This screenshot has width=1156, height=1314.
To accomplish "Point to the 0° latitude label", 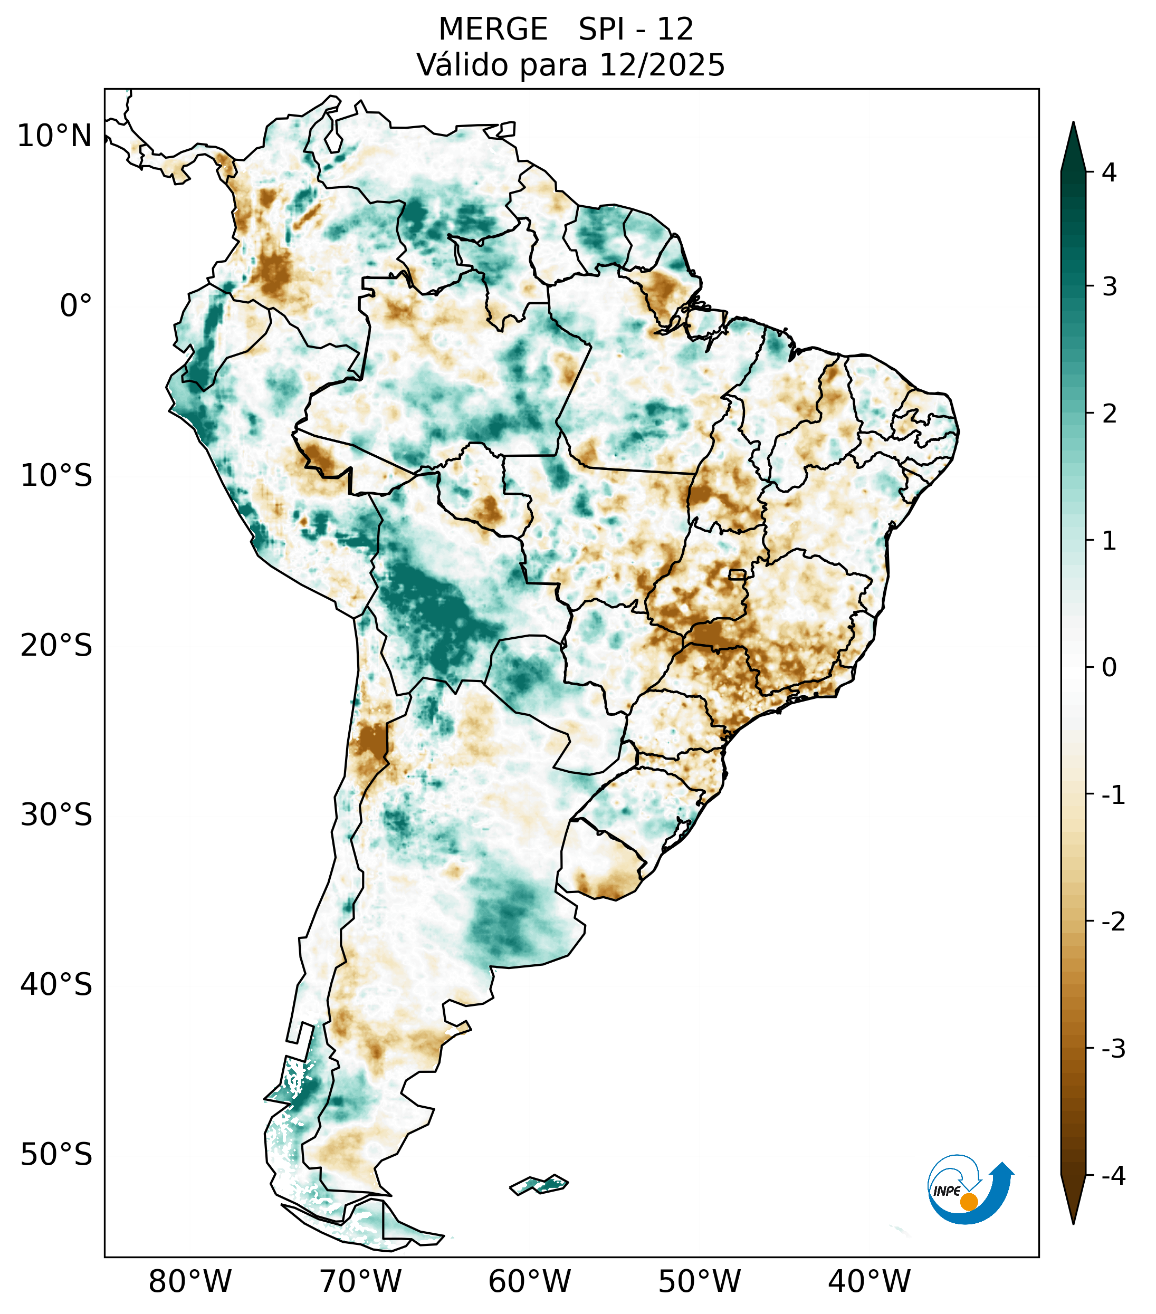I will click(x=76, y=305).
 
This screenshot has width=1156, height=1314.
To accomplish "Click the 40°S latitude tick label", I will click(x=56, y=984).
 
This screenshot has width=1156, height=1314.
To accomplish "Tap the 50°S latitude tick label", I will click(x=56, y=1155).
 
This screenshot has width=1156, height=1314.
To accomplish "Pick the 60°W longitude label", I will click(x=529, y=1281).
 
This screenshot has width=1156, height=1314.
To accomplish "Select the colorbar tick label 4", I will click(x=1109, y=172).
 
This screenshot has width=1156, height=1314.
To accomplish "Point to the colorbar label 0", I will click(x=1109, y=667).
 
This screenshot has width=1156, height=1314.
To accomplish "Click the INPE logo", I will click(x=970, y=1190).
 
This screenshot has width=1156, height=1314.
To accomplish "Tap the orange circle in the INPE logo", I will click(x=969, y=1202).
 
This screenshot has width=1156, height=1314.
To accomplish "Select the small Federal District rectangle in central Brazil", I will click(x=738, y=574).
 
